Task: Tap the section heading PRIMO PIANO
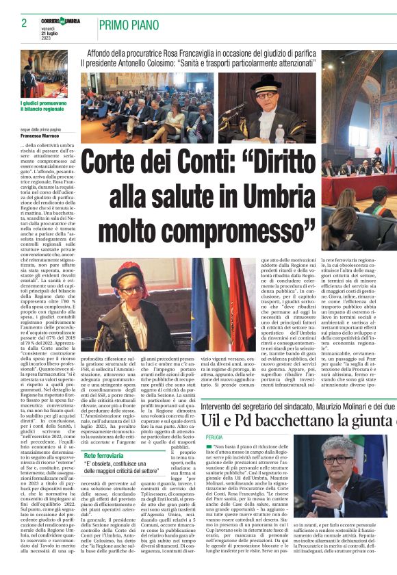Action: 131,26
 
